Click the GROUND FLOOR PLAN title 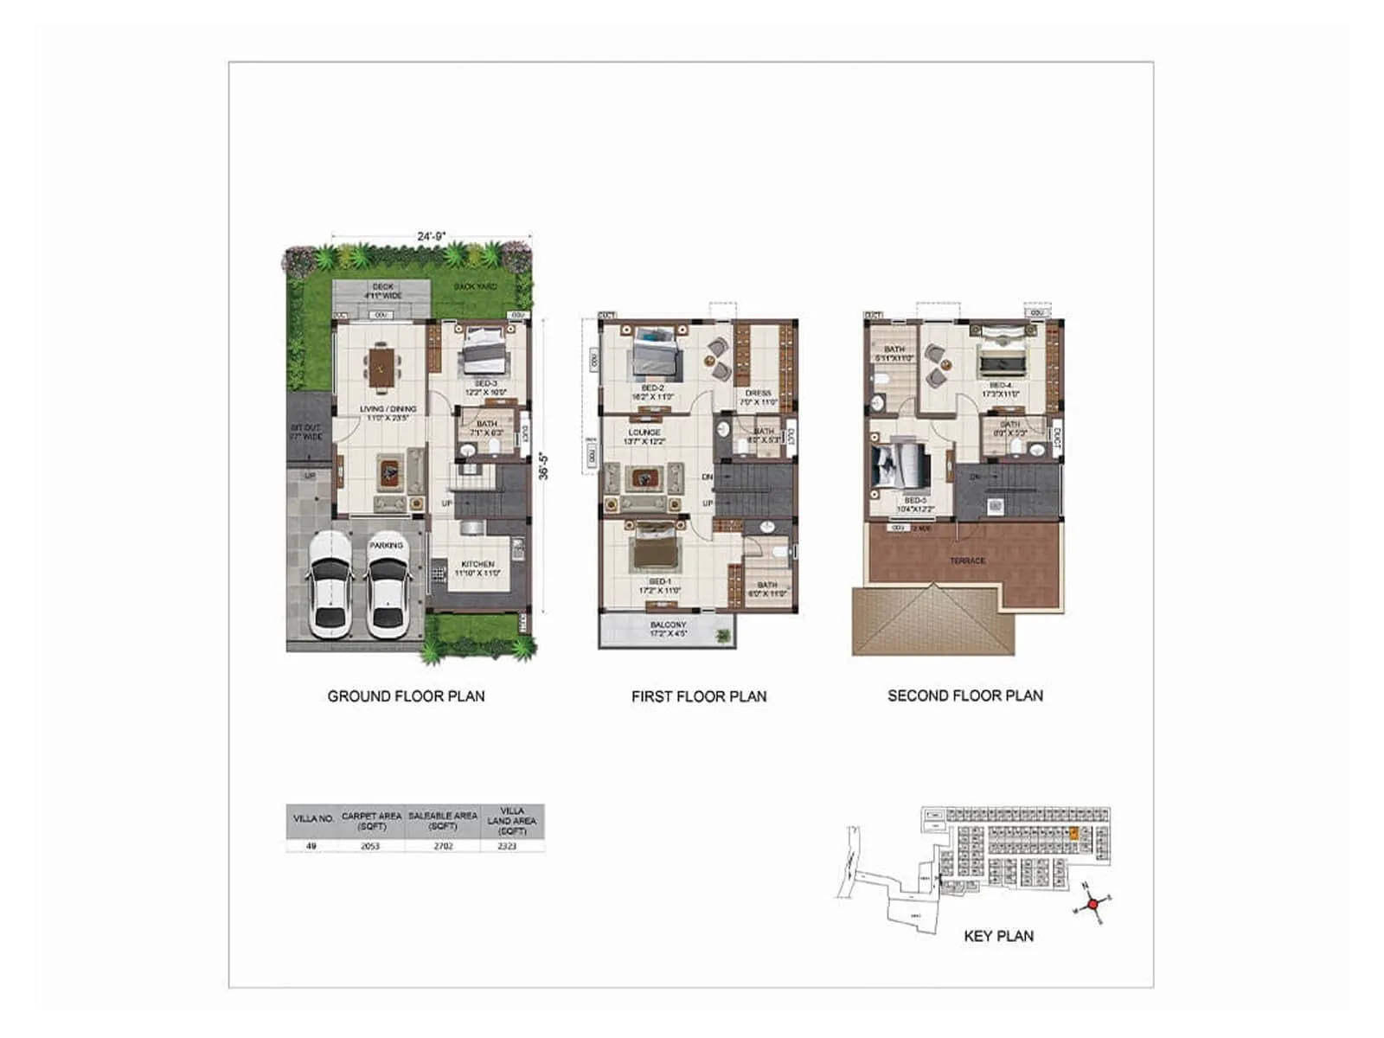click(406, 696)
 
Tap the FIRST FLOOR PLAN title click(699, 696)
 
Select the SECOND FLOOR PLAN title click(965, 695)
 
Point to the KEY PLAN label click(998, 936)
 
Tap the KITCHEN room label click(477, 564)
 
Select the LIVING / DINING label click(388, 409)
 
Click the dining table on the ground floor click(381, 367)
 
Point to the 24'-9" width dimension click(431, 236)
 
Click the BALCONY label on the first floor click(668, 625)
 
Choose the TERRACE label click(967, 561)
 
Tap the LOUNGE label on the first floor click(644, 432)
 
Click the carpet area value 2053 click(370, 846)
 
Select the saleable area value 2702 click(443, 846)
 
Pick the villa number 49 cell click(311, 846)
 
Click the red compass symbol click(1092, 904)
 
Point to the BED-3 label click(485, 383)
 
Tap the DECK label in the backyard click(382, 286)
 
